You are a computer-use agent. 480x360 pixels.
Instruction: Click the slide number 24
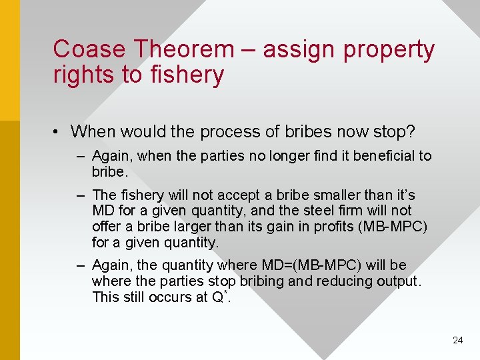(x=457, y=340)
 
